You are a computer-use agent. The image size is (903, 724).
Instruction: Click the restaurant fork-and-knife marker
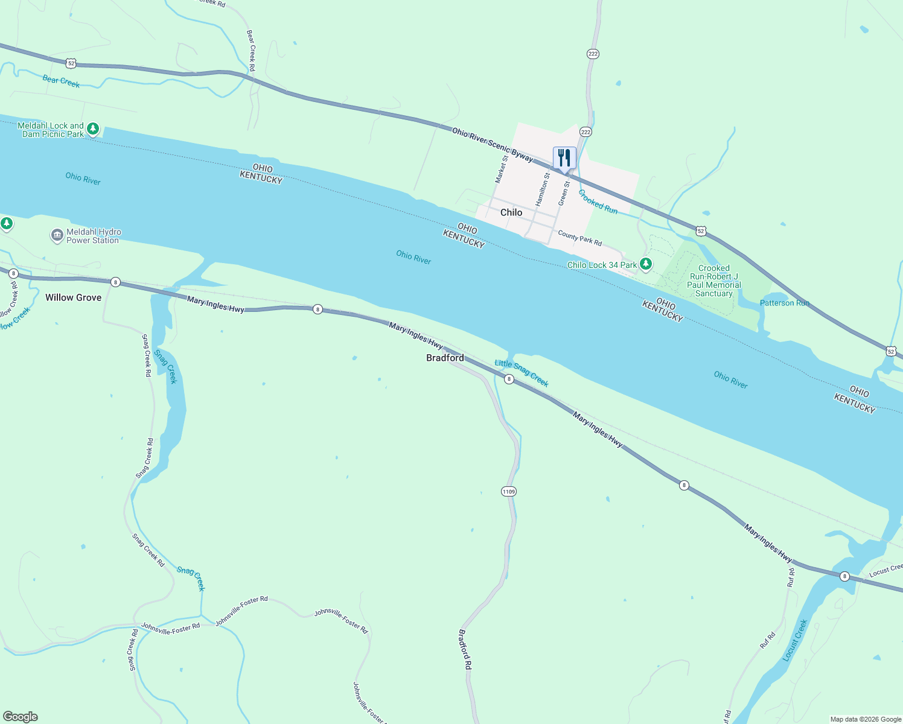[564, 158]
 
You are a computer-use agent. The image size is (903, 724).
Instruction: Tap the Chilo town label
[511, 212]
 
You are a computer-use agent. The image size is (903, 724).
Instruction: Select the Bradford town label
[445, 358]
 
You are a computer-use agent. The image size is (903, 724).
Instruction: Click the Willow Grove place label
[74, 297]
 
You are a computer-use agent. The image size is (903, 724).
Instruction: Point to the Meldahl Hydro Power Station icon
[57, 235]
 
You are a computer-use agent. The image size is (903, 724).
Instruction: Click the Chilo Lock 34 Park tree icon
[646, 264]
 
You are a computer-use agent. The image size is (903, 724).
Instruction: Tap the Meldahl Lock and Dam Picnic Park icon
[92, 129]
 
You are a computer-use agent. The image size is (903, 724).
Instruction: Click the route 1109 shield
[509, 492]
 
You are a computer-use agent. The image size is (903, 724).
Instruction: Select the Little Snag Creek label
[522, 372]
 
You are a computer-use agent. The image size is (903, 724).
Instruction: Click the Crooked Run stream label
[598, 202]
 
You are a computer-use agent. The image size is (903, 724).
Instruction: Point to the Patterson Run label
[784, 303]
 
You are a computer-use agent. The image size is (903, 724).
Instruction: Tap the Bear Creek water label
[61, 81]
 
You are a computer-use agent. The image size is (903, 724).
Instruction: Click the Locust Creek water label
[795, 640]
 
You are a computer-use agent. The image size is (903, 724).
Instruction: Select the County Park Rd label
[579, 238]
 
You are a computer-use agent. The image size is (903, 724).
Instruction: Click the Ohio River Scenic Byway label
[493, 144]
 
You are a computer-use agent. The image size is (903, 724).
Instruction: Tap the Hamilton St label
[543, 189]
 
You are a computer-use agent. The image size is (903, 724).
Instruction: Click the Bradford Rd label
[464, 649]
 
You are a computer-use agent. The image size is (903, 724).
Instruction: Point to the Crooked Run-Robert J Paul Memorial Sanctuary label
[714, 281]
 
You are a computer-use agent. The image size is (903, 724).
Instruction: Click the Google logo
[21, 717]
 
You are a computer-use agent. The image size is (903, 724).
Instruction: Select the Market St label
[501, 170]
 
